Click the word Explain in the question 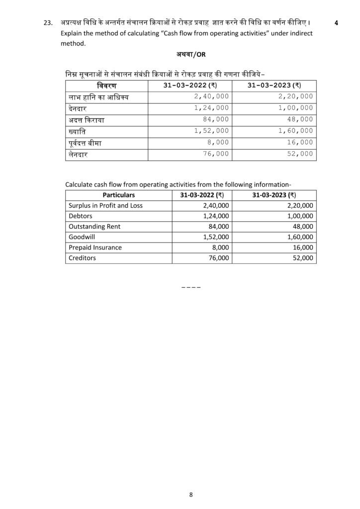73,33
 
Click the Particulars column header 119,195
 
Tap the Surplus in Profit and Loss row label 105,205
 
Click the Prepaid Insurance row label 95,247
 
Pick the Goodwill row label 81,237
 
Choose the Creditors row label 82,258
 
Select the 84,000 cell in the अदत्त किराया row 216,120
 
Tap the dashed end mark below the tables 191,287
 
